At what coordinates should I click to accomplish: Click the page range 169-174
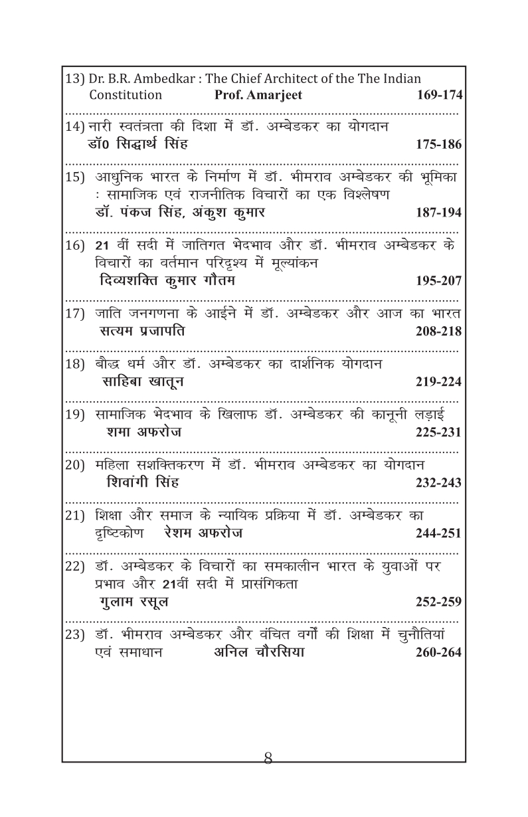[438, 95]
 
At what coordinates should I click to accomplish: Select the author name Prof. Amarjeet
[258, 95]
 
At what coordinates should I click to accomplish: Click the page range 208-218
[438, 331]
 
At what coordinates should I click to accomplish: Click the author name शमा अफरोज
[144, 432]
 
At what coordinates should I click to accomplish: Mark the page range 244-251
[438, 533]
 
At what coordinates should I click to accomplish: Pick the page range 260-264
[438, 652]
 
